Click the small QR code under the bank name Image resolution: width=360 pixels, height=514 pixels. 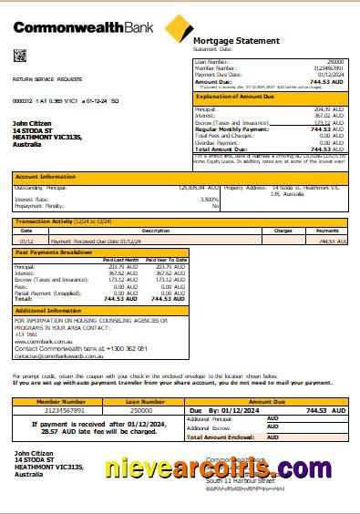19,56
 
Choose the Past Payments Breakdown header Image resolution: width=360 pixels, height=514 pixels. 52,252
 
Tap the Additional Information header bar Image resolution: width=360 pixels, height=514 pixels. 48,311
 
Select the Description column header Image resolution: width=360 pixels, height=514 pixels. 130,231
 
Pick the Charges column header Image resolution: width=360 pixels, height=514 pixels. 283,231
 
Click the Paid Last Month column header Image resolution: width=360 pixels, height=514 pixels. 120,260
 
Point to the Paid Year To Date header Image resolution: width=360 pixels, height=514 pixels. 166,260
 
